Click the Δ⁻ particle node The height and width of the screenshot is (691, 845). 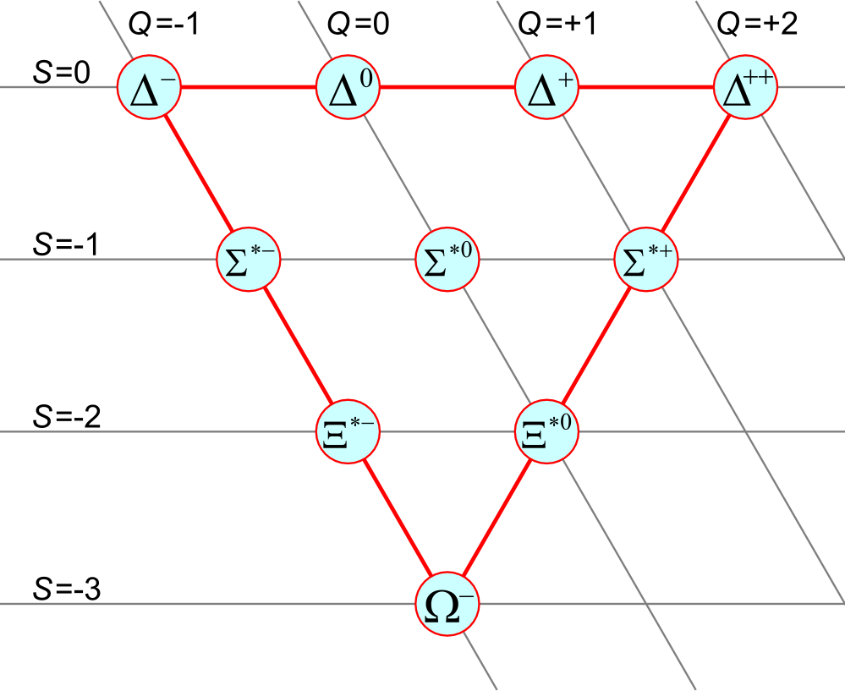pyautogui.click(x=149, y=87)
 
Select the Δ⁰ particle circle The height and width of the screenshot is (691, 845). pyautogui.click(x=348, y=87)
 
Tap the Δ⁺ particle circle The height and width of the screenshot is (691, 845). pyautogui.click(x=547, y=87)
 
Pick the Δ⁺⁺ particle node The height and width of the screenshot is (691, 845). pyautogui.click(x=746, y=87)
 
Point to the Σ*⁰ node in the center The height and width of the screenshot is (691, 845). pyautogui.click(x=448, y=260)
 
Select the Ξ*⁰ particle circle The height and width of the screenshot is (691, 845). pyautogui.click(x=547, y=432)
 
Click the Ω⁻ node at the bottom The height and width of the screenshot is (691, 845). pyautogui.click(x=447, y=604)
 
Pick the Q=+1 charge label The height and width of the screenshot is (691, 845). pyautogui.click(x=557, y=25)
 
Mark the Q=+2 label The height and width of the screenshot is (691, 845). pyautogui.click(x=757, y=25)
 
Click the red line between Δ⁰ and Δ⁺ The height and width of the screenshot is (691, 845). pyautogui.click(x=448, y=87)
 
